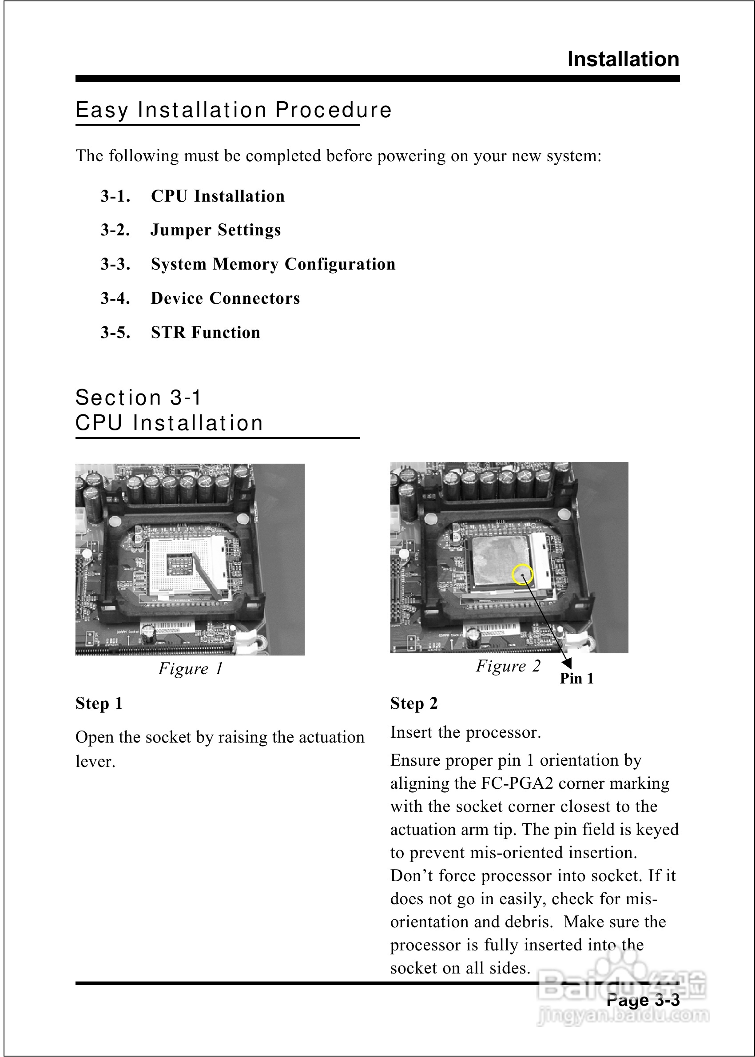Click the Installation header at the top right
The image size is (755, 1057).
click(x=623, y=60)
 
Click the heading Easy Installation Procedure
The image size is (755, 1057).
click(x=233, y=110)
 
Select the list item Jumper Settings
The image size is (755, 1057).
click(x=216, y=230)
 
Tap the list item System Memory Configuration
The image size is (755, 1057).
click(x=273, y=264)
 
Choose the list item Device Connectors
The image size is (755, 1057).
click(x=226, y=298)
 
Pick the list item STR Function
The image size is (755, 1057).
click(x=206, y=332)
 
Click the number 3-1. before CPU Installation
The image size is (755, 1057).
click(x=115, y=196)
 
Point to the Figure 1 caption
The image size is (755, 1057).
click(x=191, y=668)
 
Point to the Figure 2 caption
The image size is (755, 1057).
click(x=508, y=666)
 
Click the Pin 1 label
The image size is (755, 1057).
click(x=576, y=679)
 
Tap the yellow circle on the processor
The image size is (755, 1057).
click(x=522, y=575)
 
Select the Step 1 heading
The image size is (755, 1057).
click(x=99, y=703)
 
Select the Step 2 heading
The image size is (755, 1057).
click(x=414, y=703)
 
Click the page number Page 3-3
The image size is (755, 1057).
click(x=643, y=1000)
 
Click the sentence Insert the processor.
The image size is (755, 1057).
click(x=465, y=732)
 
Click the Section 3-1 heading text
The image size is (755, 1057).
click(x=138, y=398)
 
